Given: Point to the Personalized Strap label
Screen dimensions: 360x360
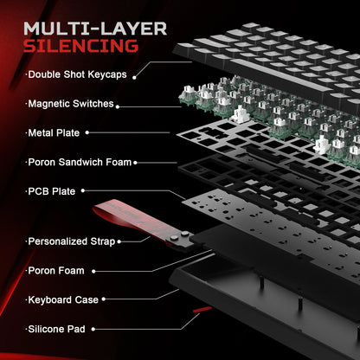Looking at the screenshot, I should [71, 241].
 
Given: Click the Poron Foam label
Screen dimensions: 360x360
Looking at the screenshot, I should [56, 270].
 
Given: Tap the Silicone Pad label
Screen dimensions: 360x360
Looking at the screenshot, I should [59, 328].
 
